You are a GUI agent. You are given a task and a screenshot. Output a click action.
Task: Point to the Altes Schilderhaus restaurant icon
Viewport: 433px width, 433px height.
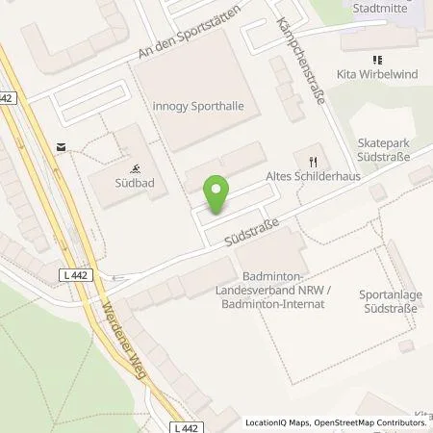click(312, 162)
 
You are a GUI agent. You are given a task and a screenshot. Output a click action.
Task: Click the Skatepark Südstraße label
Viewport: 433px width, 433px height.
click(383, 148)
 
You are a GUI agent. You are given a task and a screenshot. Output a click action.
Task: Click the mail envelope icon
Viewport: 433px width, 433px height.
click(62, 147)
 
